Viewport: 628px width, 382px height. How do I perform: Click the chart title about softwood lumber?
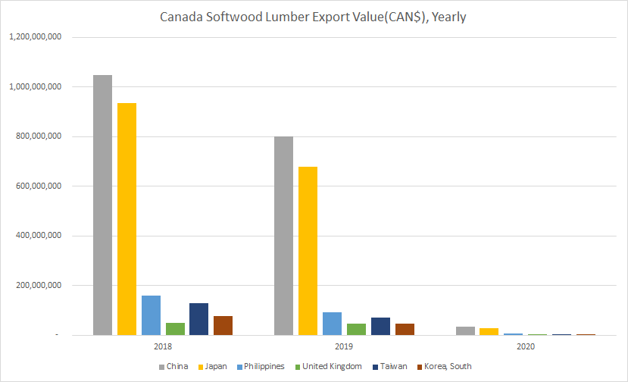314,17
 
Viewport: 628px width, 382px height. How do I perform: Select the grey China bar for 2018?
102,205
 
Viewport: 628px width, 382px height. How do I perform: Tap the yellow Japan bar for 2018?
127,219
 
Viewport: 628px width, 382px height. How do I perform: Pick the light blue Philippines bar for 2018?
151,315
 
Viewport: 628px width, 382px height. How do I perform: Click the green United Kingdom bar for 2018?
175,329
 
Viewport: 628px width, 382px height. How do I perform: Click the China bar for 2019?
283,236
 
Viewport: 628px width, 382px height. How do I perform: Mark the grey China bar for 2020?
465,331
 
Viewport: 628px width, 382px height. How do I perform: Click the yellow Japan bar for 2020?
489,332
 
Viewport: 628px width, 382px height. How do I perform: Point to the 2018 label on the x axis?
162,346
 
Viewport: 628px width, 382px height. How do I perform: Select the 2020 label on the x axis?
524,346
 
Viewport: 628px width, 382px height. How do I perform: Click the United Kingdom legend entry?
330,366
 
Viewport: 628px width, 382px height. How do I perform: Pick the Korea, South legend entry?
445,366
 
